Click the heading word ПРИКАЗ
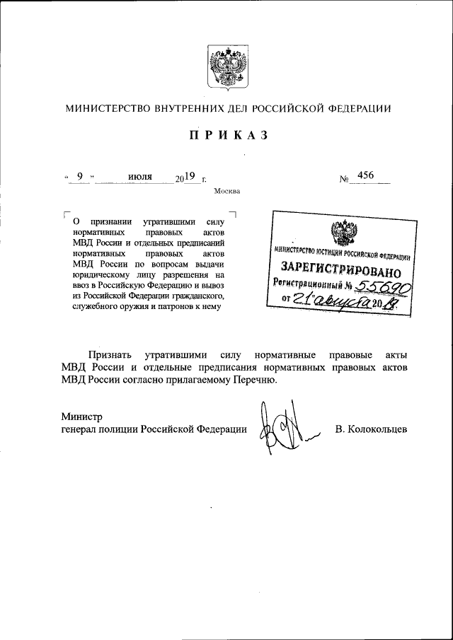[x=227, y=137]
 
